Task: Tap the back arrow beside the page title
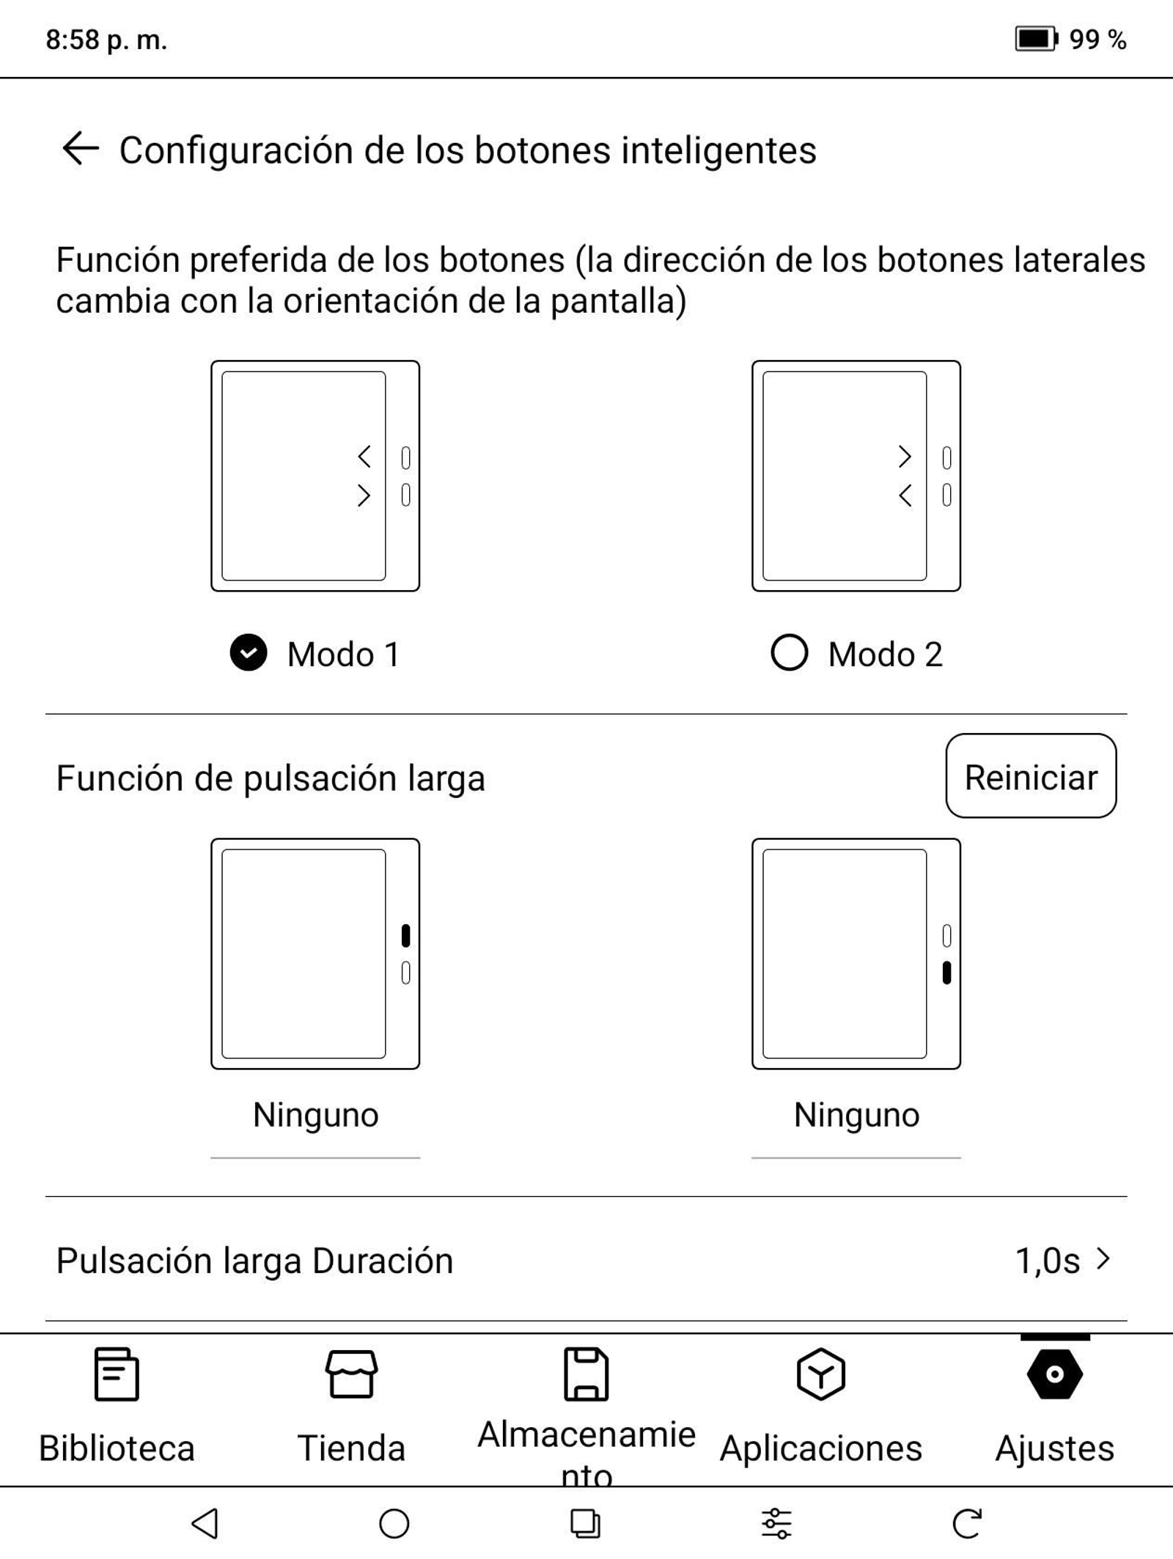pyautogui.click(x=81, y=149)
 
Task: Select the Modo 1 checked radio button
pyautogui.click(x=249, y=652)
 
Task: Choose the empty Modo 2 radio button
pyautogui.click(x=789, y=652)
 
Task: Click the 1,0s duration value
pyautogui.click(x=1048, y=1261)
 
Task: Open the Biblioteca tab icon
pyautogui.click(x=117, y=1374)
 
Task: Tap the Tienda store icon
pyautogui.click(x=351, y=1374)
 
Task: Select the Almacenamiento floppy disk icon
pyautogui.click(x=586, y=1374)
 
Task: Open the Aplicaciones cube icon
pyautogui.click(x=820, y=1374)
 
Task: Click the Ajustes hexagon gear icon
pyautogui.click(x=1054, y=1374)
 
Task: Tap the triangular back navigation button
pyautogui.click(x=205, y=1523)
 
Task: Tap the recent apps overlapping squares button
pyautogui.click(x=585, y=1523)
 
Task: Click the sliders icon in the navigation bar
pyautogui.click(x=776, y=1523)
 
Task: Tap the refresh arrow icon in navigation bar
pyautogui.click(x=967, y=1523)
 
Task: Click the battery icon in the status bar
pyautogui.click(x=1035, y=39)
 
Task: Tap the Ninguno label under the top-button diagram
pyautogui.click(x=315, y=1115)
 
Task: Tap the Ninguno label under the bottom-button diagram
pyautogui.click(x=856, y=1115)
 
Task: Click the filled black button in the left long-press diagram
pyautogui.click(x=405, y=935)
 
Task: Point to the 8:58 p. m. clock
pyautogui.click(x=106, y=40)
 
